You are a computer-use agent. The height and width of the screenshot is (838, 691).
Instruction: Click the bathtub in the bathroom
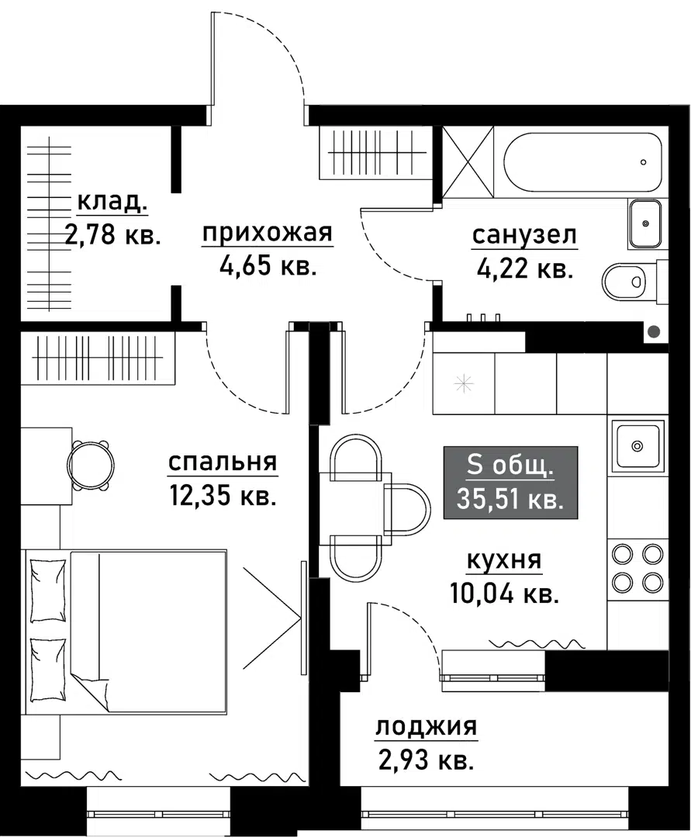pos(582,162)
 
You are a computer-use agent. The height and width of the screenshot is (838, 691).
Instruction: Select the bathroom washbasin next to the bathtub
pos(644,223)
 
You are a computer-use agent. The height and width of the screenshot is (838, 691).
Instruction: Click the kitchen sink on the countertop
pos(637,445)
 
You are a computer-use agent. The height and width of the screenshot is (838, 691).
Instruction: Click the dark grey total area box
pos(510,482)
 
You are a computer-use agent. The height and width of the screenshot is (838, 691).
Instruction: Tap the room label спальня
pos(223,462)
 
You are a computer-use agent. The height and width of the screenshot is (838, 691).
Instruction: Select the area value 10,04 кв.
pos(504,594)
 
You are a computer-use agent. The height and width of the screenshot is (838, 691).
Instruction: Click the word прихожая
pos(268,233)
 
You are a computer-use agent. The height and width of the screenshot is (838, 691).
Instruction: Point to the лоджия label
pos(426,727)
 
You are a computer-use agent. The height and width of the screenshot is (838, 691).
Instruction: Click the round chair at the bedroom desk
pos(91,465)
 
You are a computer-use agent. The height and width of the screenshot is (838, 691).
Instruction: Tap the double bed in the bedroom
pos(147,630)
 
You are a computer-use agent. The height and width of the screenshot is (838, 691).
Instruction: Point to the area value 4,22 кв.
pos(524,269)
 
